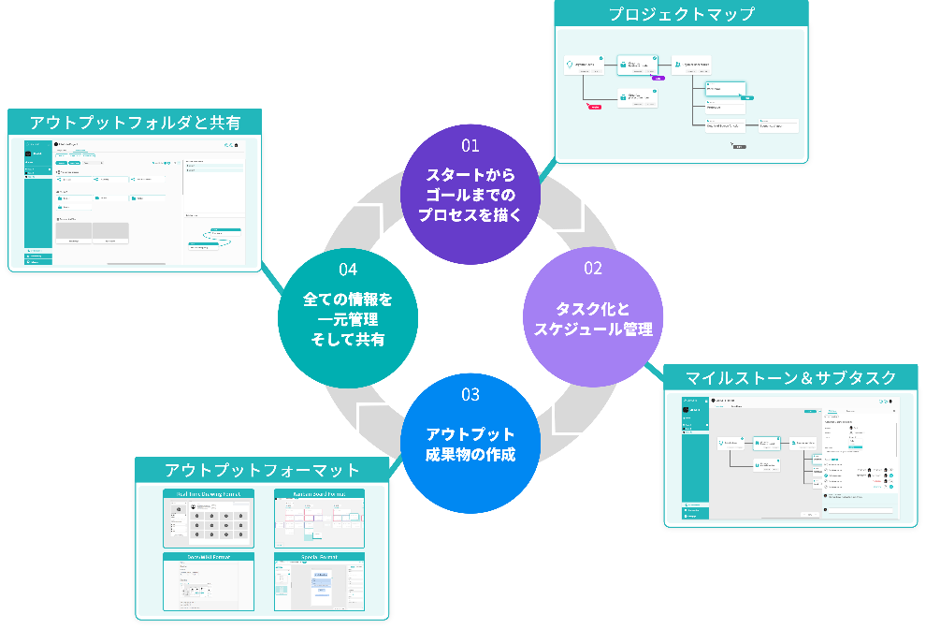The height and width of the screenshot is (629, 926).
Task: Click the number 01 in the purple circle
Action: pyautogui.click(x=470, y=145)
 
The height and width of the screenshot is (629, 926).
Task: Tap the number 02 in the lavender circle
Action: pyautogui.click(x=593, y=269)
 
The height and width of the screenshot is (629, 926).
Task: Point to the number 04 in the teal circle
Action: pyautogui.click(x=348, y=270)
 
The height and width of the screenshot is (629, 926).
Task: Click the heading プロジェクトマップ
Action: pyautogui.click(x=681, y=14)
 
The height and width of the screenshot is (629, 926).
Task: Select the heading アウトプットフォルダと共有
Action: pyautogui.click(x=135, y=123)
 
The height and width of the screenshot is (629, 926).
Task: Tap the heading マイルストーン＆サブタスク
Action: pyautogui.click(x=790, y=378)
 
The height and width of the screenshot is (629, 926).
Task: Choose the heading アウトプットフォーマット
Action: pyautogui.click(x=262, y=470)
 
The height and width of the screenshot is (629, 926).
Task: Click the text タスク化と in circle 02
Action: pyautogui.click(x=593, y=309)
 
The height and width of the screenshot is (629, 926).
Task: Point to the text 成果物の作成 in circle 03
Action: pyautogui.click(x=470, y=456)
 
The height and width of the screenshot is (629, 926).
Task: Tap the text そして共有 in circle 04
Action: pyautogui.click(x=348, y=340)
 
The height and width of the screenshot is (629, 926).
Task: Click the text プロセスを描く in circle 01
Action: pyautogui.click(x=470, y=213)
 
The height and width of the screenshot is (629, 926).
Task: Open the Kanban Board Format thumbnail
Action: pyautogui.click(x=319, y=518)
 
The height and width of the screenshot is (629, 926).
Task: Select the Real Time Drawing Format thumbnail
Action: pyautogui.click(x=209, y=518)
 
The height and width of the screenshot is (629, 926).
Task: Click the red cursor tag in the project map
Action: pyautogui.click(x=593, y=108)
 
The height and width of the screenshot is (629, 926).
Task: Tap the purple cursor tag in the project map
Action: pyautogui.click(x=658, y=79)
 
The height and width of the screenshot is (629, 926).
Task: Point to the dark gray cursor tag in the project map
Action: pyautogui.click(x=738, y=147)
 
